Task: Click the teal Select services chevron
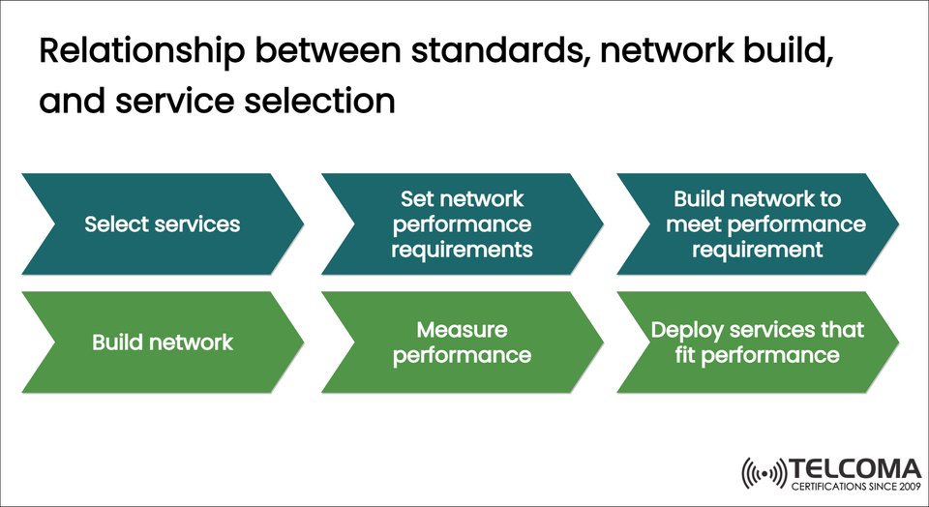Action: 162,224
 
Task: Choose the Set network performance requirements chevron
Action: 463,224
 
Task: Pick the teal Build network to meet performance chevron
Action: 757,224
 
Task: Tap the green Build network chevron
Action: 162,343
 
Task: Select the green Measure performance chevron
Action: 463,343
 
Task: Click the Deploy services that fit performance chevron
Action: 757,343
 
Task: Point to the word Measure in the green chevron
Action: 462,331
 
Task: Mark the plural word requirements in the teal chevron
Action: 462,250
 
